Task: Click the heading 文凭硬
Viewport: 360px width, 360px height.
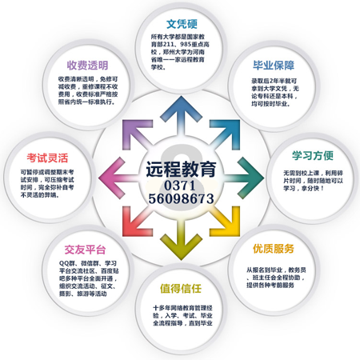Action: pyautogui.click(x=182, y=24)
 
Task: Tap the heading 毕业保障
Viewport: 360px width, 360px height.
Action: pyautogui.click(x=274, y=66)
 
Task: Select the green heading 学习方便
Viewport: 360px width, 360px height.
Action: pyautogui.click(x=313, y=155)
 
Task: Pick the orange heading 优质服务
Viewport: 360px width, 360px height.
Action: pyautogui.click(x=274, y=249)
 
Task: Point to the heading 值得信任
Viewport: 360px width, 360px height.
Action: pyautogui.click(x=181, y=288)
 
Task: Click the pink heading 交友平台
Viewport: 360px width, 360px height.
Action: pyautogui.click(x=85, y=250)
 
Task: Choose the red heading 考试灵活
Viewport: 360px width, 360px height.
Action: pyautogui.click(x=47, y=158)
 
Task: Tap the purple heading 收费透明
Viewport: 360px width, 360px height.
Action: pyautogui.click(x=87, y=66)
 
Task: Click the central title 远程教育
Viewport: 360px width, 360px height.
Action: pyautogui.click(x=181, y=169)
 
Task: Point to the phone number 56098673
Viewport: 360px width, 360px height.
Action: pyautogui.click(x=181, y=198)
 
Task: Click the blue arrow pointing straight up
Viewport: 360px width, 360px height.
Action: pyautogui.click(x=181, y=115)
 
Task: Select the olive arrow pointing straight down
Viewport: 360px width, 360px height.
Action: pyautogui.click(x=181, y=241)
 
